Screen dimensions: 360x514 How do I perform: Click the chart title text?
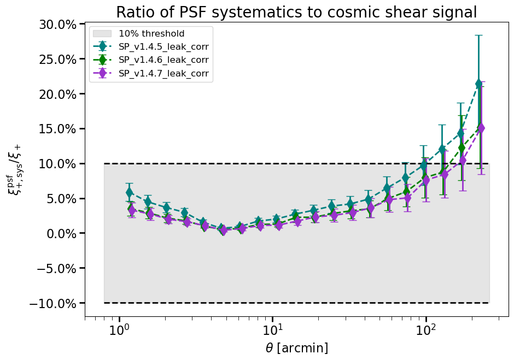(x=296, y=12)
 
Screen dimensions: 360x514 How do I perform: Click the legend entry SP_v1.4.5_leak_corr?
(x=163, y=47)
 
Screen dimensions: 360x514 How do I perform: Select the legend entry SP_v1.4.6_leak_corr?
(x=163, y=60)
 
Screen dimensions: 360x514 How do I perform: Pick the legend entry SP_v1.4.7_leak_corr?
(x=163, y=73)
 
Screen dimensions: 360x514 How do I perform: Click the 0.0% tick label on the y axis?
(x=62, y=233)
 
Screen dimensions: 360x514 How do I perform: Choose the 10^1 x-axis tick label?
(x=272, y=329)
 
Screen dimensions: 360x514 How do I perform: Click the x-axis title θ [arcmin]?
(x=296, y=348)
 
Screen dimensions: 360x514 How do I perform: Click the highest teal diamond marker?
(x=479, y=84)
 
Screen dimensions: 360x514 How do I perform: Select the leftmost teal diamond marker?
(x=129, y=192)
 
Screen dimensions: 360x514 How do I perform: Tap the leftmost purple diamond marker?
(x=132, y=210)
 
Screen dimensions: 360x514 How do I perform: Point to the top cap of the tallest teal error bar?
(x=479, y=35)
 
